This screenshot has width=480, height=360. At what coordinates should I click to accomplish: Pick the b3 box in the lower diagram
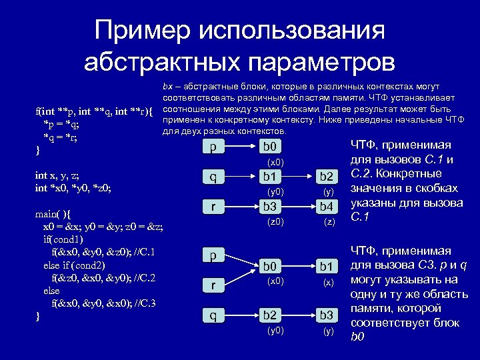click(326, 315)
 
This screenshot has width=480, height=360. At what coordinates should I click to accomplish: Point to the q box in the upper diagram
click(212, 177)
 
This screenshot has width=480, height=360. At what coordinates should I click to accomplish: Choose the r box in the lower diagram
click(212, 285)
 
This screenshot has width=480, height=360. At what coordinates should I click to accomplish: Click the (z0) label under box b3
click(275, 221)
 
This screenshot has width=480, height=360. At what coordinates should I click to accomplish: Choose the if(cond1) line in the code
click(64, 239)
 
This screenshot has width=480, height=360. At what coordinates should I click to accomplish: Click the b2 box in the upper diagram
click(326, 177)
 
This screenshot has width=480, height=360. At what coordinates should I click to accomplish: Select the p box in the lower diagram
click(212, 255)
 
